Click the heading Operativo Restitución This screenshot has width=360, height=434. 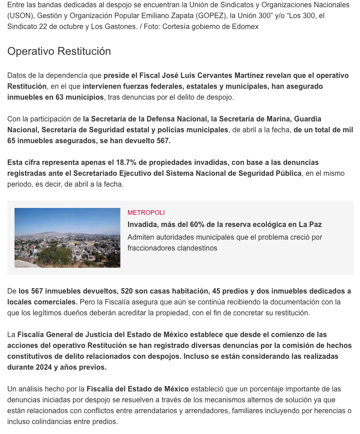point(59,51)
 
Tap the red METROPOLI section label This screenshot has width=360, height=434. point(146,212)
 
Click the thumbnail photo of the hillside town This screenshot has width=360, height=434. point(67,237)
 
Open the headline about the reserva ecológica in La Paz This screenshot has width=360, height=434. point(224,224)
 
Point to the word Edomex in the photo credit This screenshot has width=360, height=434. point(245,26)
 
